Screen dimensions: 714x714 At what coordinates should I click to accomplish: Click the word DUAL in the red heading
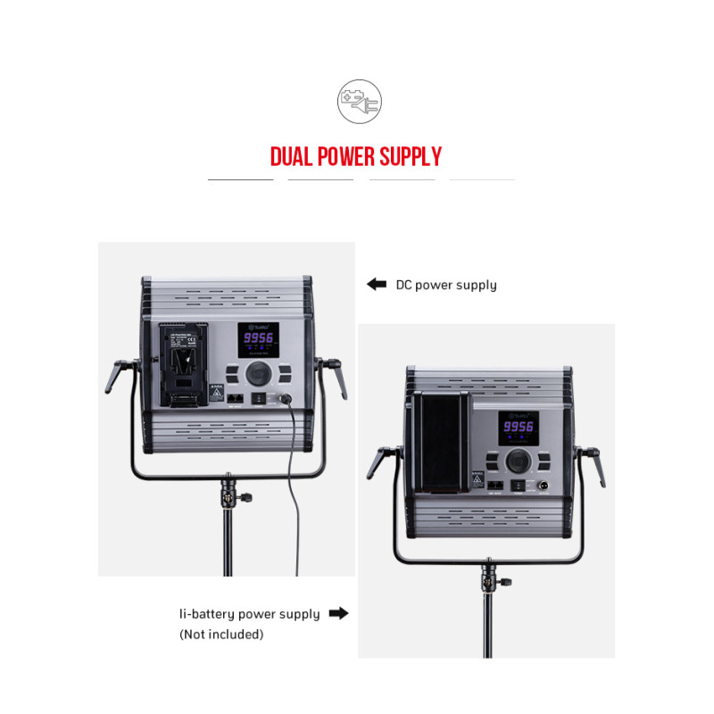(x=294, y=158)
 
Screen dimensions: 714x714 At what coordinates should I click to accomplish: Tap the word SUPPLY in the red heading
(x=411, y=158)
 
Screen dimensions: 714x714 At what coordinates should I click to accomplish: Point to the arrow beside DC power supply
(x=376, y=285)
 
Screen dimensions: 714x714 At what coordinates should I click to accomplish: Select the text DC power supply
(x=446, y=285)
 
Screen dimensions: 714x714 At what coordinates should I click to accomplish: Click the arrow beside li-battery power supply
(x=338, y=614)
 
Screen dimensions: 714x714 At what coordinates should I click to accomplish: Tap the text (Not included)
(x=221, y=635)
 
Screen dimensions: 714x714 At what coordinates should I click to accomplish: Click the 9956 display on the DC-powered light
(x=259, y=339)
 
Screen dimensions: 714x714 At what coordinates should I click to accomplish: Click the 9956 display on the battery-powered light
(x=519, y=428)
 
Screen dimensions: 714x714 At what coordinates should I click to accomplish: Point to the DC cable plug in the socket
(x=286, y=399)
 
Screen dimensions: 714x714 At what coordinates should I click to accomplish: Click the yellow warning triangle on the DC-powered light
(x=215, y=392)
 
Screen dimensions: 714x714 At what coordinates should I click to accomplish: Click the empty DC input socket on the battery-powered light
(x=541, y=485)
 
